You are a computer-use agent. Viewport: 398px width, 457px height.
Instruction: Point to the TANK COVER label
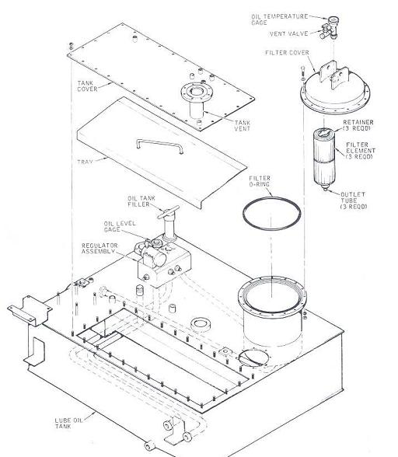coord(86,85)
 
